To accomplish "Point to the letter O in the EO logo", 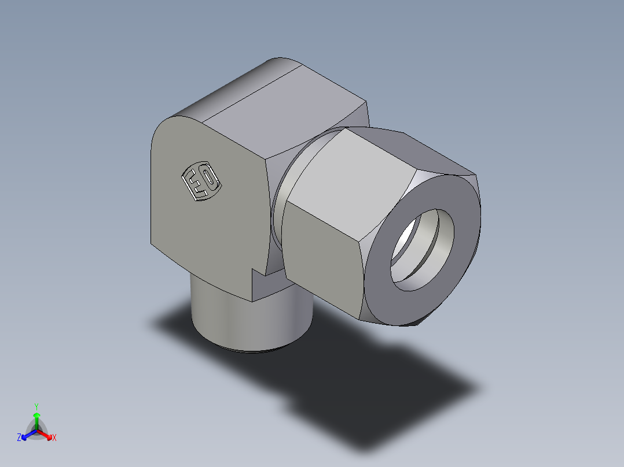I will (210, 180).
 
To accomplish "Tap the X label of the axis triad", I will (54, 438).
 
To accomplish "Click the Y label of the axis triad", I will (36, 406).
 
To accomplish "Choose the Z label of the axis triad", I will (19, 438).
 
